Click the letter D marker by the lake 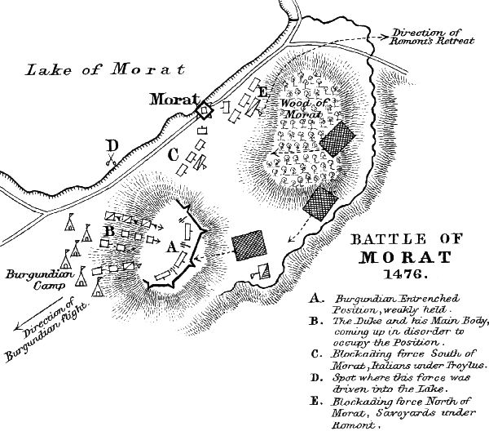tap(112, 146)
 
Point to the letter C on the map tap(173, 153)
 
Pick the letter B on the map tap(107, 229)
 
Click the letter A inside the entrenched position tap(170, 243)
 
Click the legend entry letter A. tap(314, 299)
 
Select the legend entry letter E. tap(314, 400)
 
